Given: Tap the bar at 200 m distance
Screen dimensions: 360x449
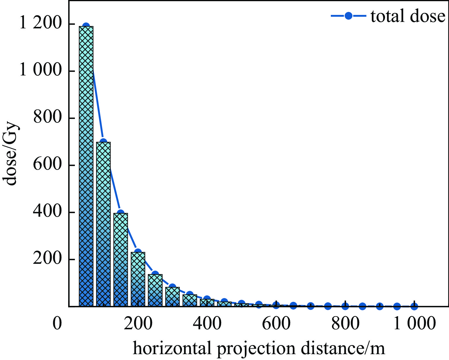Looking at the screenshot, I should [138, 279].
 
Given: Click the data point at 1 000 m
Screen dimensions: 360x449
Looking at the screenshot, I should [414, 306].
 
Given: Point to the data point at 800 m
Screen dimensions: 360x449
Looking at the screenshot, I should [345, 306].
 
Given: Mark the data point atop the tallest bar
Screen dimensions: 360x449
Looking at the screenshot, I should [86, 26].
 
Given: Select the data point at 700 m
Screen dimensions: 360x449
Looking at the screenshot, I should [311, 306].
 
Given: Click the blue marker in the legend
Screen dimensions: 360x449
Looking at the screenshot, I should [348, 16].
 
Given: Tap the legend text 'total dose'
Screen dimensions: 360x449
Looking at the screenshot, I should [408, 16].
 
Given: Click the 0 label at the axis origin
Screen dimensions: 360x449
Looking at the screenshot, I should [57, 324].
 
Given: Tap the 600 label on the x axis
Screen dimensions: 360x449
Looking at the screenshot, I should [276, 324].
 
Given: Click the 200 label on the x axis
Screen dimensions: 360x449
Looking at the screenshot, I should [138, 324].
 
